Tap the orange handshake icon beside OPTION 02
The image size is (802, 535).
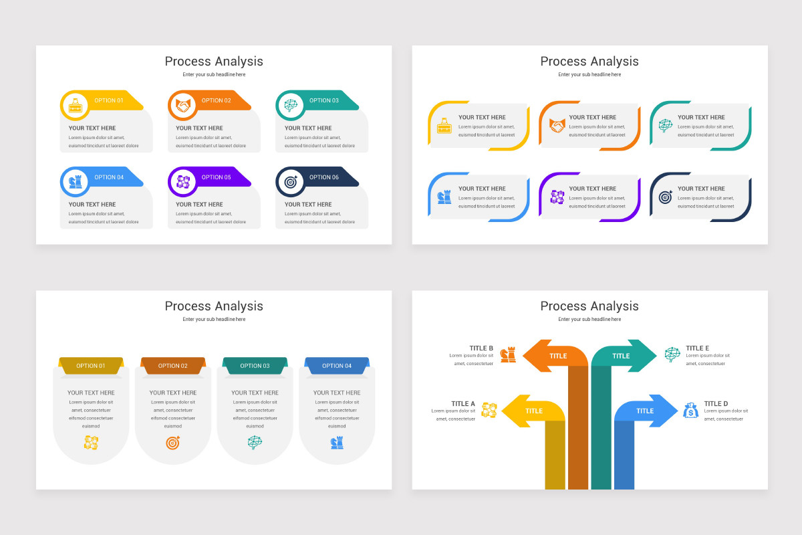click(x=182, y=105)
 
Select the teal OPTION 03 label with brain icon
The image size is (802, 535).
click(x=324, y=101)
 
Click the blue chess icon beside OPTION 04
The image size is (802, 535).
click(x=75, y=181)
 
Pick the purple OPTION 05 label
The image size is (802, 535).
click(x=217, y=177)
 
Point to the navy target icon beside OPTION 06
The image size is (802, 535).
click(x=290, y=181)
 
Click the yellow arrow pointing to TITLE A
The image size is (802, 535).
click(x=528, y=411)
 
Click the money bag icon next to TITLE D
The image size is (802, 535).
click(x=691, y=410)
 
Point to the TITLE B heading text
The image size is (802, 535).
click(x=481, y=348)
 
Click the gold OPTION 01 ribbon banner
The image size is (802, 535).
click(x=91, y=366)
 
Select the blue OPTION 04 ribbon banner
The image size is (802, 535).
click(x=337, y=366)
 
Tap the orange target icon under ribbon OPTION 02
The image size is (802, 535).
click(x=173, y=442)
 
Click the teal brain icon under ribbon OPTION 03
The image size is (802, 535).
click(x=255, y=442)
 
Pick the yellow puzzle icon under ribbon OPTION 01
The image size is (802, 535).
click(x=91, y=442)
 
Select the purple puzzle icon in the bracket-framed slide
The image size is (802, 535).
click(x=557, y=197)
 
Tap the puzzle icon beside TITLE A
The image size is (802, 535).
click(x=489, y=410)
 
